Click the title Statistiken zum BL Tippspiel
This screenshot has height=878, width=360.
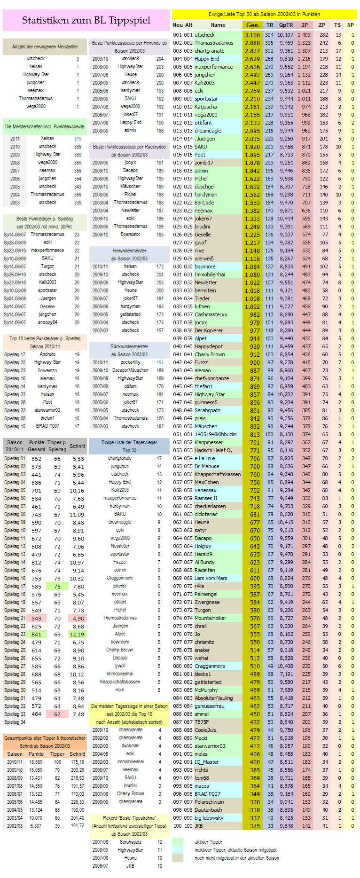[86, 20]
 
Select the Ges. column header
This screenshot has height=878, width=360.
[252, 25]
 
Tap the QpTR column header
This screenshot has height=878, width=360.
[285, 25]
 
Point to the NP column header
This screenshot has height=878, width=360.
[351, 25]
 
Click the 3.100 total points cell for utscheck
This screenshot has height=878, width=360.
[252, 35]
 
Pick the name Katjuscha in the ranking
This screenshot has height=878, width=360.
[206, 107]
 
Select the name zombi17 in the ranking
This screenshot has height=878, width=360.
[204, 163]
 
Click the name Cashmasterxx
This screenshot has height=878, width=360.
[211, 314]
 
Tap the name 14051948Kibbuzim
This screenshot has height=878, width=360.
[216, 434]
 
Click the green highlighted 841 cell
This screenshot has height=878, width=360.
[36, 634]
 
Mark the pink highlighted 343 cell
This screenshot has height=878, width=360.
[36, 618]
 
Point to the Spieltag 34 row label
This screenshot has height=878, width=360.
[15, 722]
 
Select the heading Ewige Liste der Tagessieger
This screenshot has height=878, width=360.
[129, 442]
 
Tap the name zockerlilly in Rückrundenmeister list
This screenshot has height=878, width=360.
[130, 362]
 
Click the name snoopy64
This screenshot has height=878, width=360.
[47, 322]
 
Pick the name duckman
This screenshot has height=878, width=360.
[130, 745]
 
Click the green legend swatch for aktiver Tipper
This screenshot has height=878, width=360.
[178, 841]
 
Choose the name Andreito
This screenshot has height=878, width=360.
[47, 354]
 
